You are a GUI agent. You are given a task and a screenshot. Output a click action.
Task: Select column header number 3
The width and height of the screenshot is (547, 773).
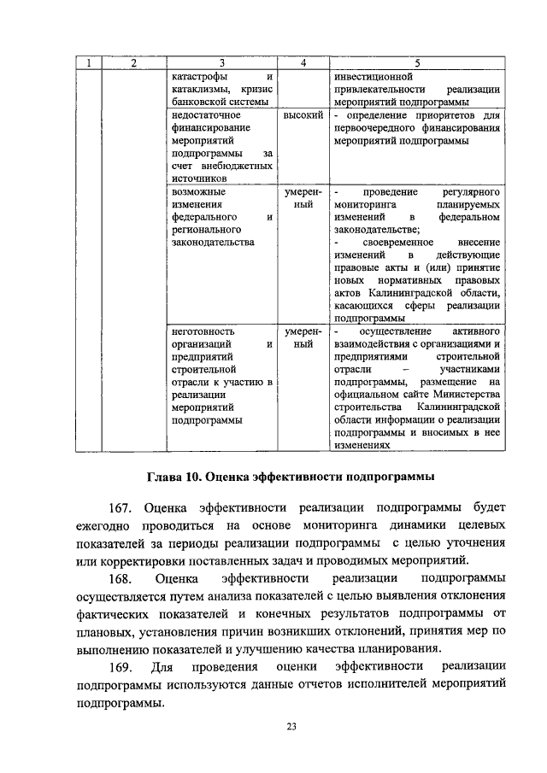[221, 62]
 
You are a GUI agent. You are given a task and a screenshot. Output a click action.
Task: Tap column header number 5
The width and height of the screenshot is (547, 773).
[416, 62]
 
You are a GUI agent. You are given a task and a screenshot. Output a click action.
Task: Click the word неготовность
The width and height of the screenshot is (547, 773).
[203, 330]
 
